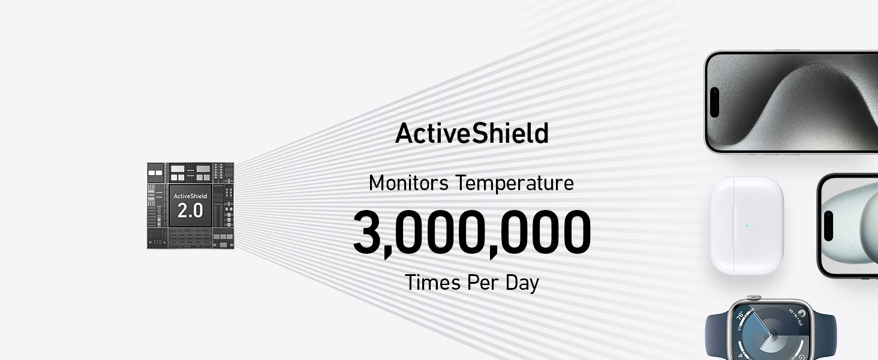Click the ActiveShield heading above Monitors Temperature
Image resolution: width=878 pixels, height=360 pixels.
(x=471, y=133)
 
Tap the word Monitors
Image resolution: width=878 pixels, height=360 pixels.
(x=408, y=183)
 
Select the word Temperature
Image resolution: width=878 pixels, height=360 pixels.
(x=515, y=184)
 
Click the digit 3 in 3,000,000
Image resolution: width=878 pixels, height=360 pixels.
(x=368, y=232)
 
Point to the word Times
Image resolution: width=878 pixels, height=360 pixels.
(x=432, y=283)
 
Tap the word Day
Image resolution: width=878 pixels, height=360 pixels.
(x=522, y=283)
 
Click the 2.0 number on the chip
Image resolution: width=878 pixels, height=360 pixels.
(x=190, y=211)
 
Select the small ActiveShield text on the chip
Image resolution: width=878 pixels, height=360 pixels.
(x=190, y=196)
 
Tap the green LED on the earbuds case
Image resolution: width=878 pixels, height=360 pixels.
(x=747, y=226)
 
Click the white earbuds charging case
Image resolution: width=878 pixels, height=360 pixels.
(x=747, y=226)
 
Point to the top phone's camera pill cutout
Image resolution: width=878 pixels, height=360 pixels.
(x=714, y=103)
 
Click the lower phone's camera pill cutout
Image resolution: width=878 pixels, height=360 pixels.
(x=828, y=226)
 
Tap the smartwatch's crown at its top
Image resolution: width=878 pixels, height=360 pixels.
(x=753, y=298)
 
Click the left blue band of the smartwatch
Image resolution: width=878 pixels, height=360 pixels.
(x=717, y=337)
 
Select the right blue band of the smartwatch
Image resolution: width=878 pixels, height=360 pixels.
(x=825, y=337)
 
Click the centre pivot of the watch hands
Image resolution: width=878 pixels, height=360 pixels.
(x=770, y=335)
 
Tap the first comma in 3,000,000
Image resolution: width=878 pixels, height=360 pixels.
(x=387, y=251)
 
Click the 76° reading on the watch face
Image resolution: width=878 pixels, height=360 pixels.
(x=740, y=315)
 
